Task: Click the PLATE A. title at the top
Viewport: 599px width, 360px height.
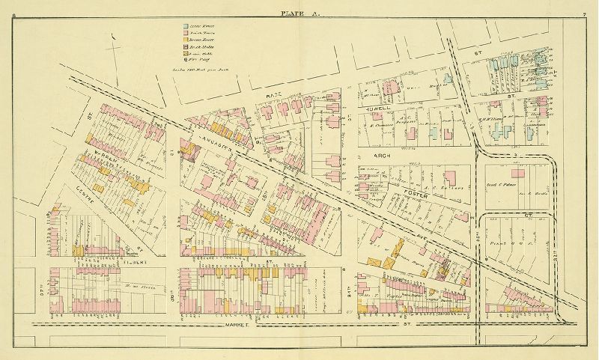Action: tap(299, 13)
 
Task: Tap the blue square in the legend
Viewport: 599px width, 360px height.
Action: tap(186, 28)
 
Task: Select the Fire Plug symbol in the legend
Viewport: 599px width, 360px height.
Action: tap(186, 58)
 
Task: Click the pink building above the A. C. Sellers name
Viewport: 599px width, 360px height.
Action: tap(451, 177)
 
